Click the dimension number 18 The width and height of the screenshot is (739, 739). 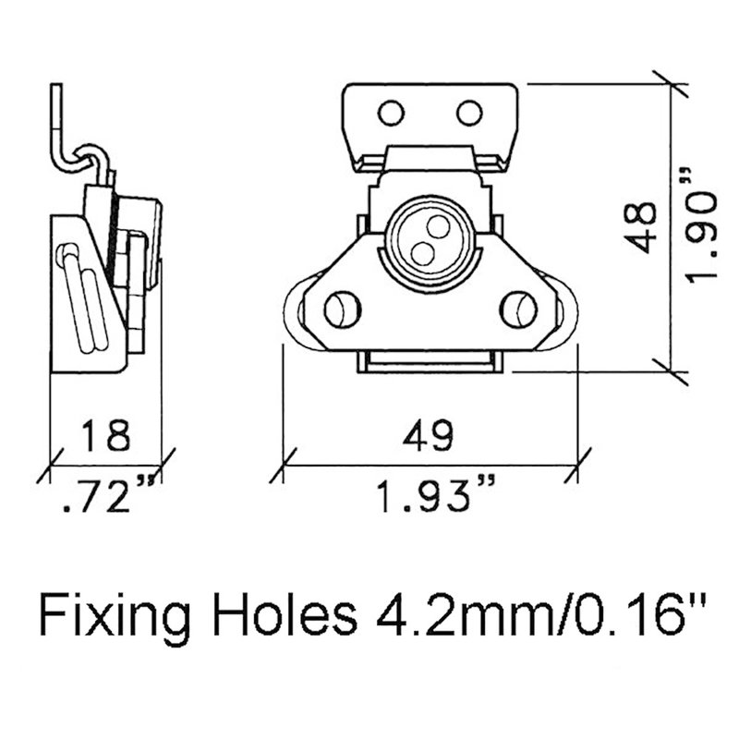tap(105, 435)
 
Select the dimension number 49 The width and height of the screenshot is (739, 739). tap(428, 435)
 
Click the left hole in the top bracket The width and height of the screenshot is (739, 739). tap(391, 113)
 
